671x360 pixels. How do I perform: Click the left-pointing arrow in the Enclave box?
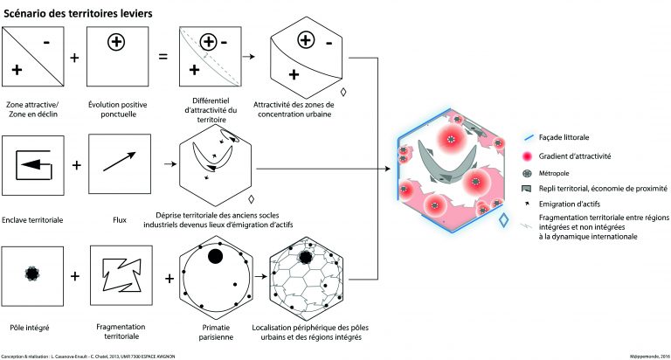tap(32, 163)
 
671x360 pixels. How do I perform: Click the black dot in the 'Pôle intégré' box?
tap(31, 273)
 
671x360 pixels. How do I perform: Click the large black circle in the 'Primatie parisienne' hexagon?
tap(211, 255)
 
